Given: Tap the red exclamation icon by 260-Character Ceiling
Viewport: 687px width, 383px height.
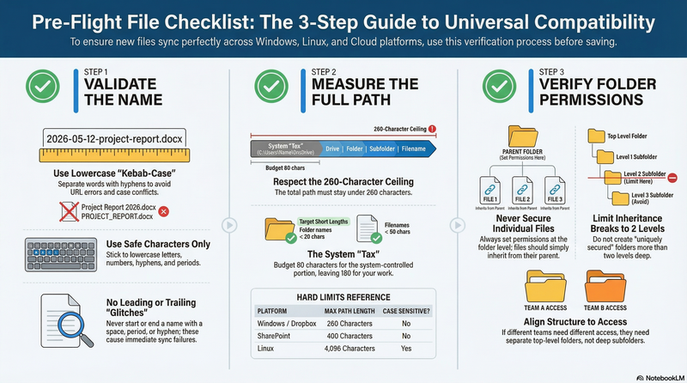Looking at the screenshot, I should (431, 129).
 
